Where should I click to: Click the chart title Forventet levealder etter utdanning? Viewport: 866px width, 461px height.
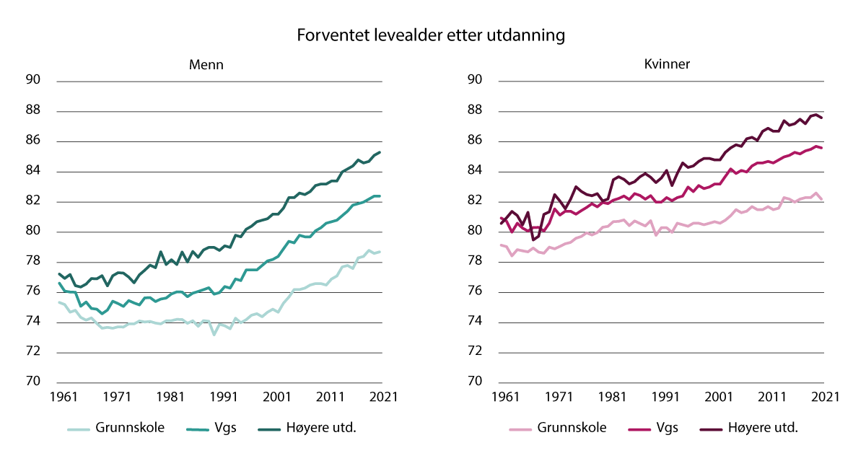(x=432, y=35)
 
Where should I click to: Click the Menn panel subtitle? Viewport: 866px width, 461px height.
(x=206, y=64)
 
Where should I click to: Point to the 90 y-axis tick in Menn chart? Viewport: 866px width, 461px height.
(x=34, y=80)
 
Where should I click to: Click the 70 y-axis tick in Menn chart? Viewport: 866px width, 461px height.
(x=34, y=382)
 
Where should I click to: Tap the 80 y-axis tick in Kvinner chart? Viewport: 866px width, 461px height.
(x=476, y=232)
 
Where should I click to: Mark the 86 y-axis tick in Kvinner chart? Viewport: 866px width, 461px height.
(x=476, y=141)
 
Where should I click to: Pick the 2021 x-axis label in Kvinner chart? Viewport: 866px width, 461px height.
(x=823, y=397)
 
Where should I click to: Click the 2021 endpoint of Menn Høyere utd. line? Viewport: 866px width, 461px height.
(x=380, y=152)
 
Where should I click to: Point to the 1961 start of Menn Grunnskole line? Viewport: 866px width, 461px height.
(x=59, y=302)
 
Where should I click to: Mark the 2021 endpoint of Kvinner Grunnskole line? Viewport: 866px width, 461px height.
(x=823, y=199)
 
